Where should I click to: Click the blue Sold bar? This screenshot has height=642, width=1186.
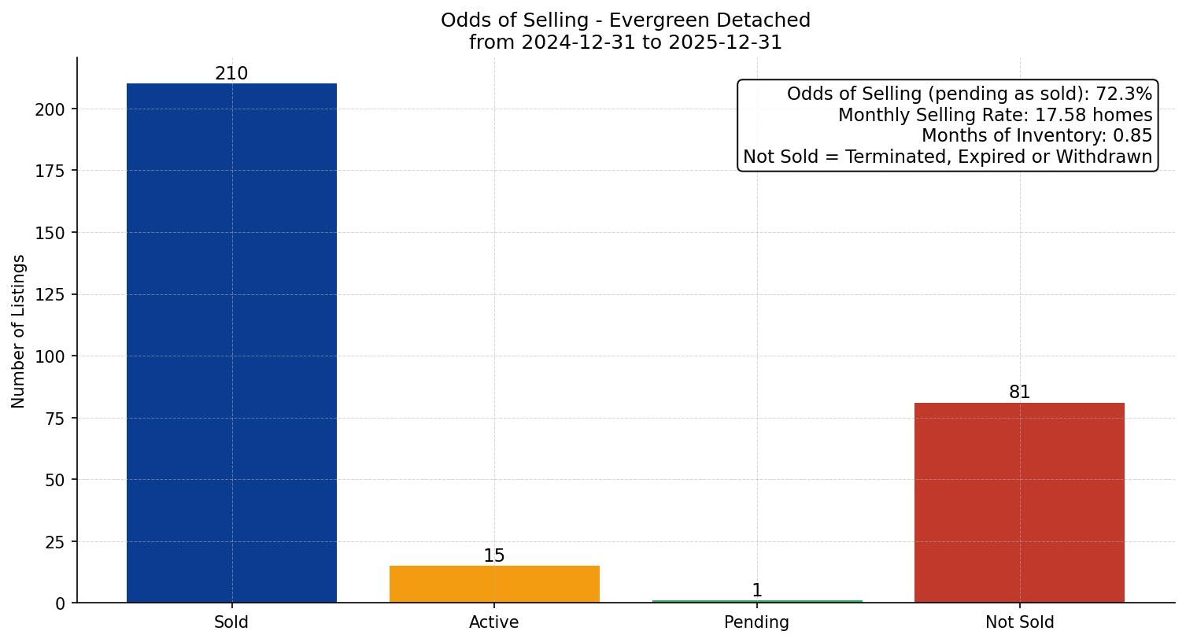coord(231,343)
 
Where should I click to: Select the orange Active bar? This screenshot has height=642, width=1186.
coord(494,584)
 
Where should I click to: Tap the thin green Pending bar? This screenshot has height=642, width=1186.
coord(757,602)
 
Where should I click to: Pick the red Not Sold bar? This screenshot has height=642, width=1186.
coord(1019,503)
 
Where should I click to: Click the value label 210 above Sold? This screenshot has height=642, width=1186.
coord(231,74)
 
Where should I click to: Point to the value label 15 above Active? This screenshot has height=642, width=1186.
coord(494,556)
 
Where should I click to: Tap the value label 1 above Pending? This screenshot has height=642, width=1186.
coord(757,591)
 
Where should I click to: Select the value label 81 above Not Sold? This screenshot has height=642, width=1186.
coord(1019,393)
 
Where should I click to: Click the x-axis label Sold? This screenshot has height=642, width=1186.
coord(231,622)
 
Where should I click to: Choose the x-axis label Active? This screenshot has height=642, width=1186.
coord(494,622)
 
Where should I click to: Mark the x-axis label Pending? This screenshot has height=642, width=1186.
coord(757,622)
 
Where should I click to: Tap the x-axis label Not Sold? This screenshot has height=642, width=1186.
coord(1019,622)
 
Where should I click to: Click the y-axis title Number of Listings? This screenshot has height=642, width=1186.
coord(19,331)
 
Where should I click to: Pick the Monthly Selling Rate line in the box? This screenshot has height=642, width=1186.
coord(995,116)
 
